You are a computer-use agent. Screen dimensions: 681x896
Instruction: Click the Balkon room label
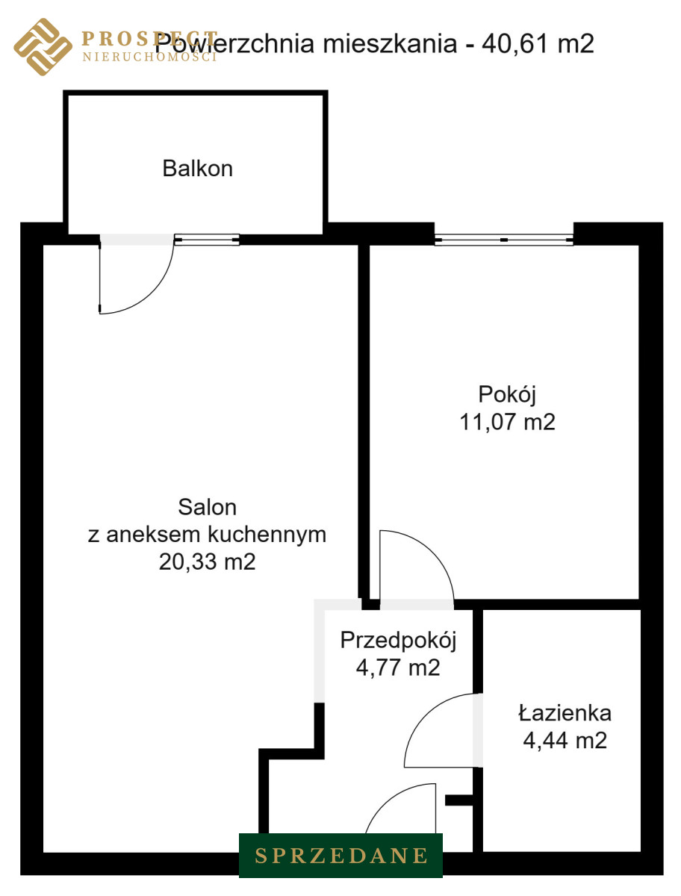click(x=197, y=168)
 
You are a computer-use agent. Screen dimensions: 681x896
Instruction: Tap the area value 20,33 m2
click(x=207, y=561)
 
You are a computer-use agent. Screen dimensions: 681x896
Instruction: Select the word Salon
click(x=207, y=508)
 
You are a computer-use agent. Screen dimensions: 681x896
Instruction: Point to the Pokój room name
click(x=507, y=395)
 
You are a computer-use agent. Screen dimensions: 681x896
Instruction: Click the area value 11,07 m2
click(x=507, y=422)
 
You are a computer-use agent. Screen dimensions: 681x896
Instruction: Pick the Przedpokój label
click(x=398, y=641)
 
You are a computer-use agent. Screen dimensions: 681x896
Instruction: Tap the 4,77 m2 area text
click(x=398, y=668)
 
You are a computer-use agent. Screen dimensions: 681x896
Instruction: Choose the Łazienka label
click(x=565, y=713)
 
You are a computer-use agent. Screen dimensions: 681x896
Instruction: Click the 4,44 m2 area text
click(x=565, y=740)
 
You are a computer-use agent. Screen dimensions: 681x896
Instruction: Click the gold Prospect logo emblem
click(x=43, y=47)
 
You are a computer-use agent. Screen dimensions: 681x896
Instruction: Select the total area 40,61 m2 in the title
click(x=538, y=43)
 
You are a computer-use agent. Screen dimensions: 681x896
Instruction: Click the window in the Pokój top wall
click(x=504, y=240)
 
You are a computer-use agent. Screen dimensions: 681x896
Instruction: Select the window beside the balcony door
click(x=207, y=240)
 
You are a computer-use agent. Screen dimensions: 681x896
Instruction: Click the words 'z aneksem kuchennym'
click(x=207, y=535)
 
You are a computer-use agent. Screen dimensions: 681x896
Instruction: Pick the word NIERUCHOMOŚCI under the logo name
click(x=149, y=57)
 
